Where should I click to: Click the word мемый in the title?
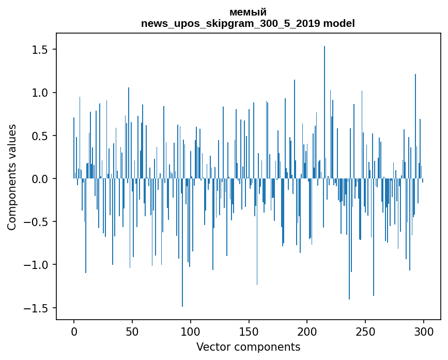(248, 12)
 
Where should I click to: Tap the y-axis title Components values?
(12, 177)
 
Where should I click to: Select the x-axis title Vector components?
(248, 347)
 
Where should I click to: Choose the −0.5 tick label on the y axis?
(37, 222)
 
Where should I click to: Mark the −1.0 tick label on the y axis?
(37, 265)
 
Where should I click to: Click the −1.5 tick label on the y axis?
(37, 308)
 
